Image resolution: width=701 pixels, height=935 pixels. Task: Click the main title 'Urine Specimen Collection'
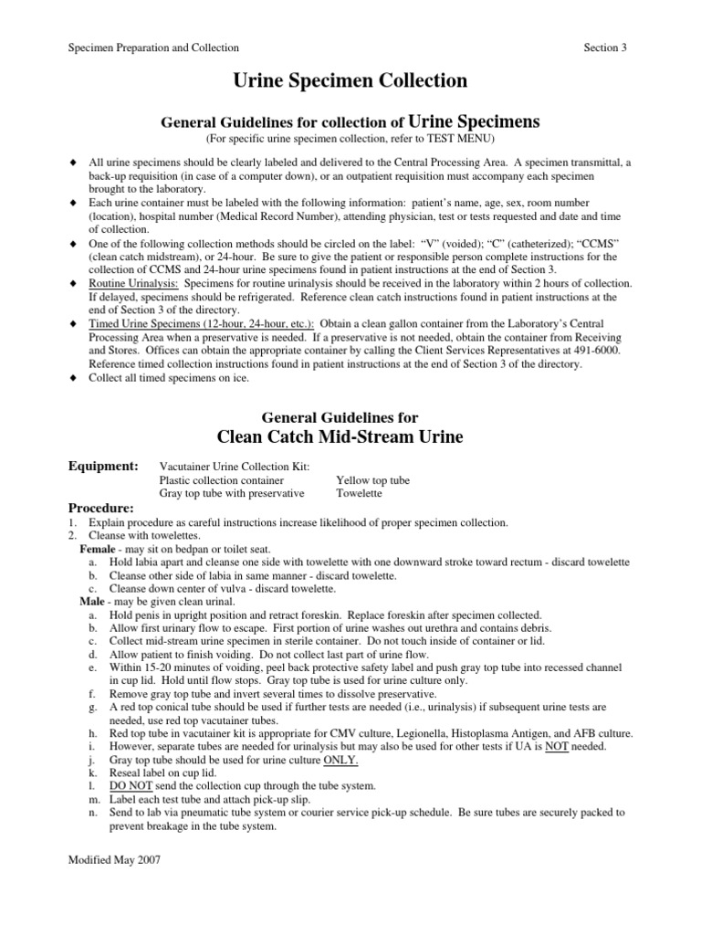tap(350, 81)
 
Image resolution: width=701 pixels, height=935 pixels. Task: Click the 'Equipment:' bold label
tap(103, 467)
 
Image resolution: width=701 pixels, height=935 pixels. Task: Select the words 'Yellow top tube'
tap(372, 480)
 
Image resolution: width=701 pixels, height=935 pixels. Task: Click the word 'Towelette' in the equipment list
tap(361, 493)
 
